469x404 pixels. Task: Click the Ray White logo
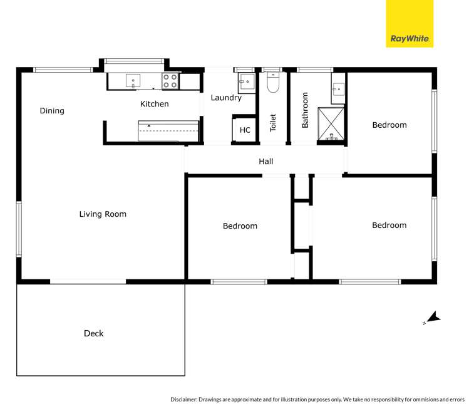(410, 24)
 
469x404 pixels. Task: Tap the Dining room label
(52, 111)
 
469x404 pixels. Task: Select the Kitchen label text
(154, 104)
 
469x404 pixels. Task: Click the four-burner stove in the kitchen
(170, 80)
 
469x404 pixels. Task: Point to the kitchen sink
(133, 80)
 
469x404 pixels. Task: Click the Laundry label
(226, 98)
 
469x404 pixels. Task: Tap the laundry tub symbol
(246, 82)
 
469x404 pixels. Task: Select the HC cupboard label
(245, 130)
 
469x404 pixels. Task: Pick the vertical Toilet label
(273, 122)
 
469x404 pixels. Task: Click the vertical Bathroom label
(306, 110)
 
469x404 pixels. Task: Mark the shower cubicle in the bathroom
(331, 123)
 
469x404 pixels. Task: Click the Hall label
(266, 162)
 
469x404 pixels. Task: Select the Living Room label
(103, 214)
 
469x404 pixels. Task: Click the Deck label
(94, 333)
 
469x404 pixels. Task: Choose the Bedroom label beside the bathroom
(389, 125)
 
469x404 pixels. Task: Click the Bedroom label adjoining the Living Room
(240, 226)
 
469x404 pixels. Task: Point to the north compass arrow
(432, 318)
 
